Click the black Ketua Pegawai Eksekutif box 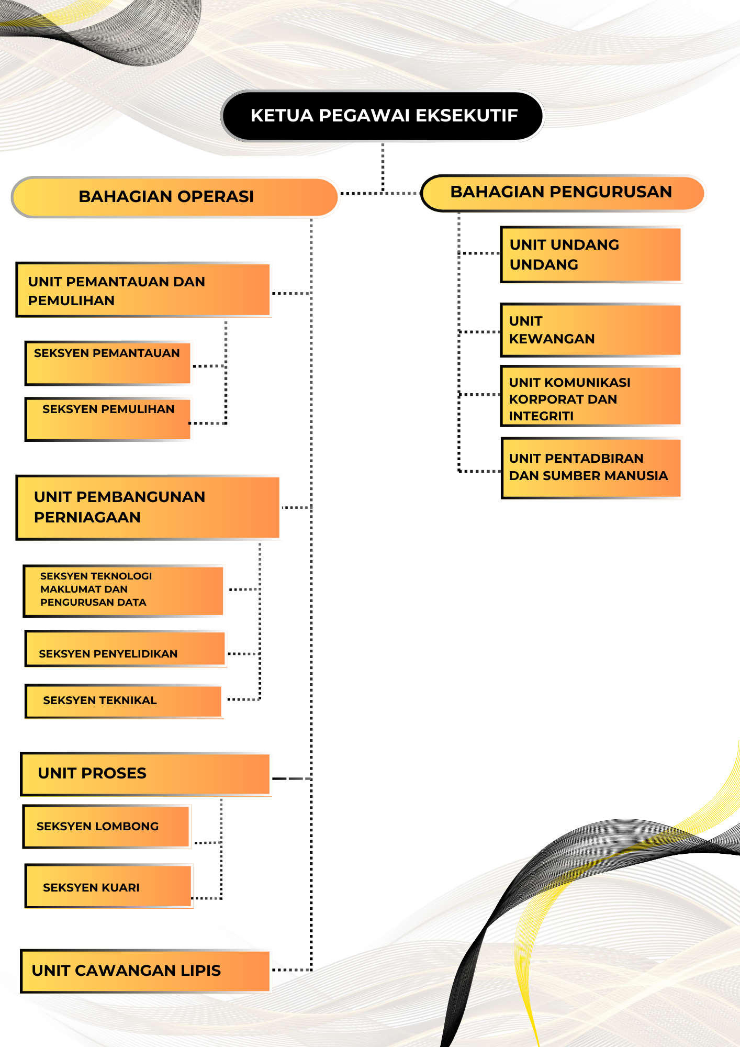pyautogui.click(x=383, y=116)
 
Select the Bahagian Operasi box pyautogui.click(x=175, y=197)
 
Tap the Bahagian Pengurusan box pyautogui.click(x=563, y=193)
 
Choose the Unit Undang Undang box pyautogui.click(x=591, y=254)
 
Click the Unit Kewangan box pyautogui.click(x=591, y=330)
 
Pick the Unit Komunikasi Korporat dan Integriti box pyautogui.click(x=591, y=396)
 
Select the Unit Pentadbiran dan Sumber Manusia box pyautogui.click(x=591, y=468)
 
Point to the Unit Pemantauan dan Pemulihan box pyautogui.click(x=143, y=290)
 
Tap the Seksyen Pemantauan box pyautogui.click(x=108, y=363)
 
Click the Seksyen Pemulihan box pyautogui.click(x=108, y=419)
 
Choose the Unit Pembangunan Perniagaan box pyautogui.click(x=148, y=507)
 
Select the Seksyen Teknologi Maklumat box pyautogui.click(x=124, y=590)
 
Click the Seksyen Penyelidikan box pyautogui.click(x=125, y=649)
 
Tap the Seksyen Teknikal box pyautogui.click(x=124, y=700)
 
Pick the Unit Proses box pyautogui.click(x=145, y=774)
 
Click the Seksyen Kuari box pyautogui.click(x=109, y=886)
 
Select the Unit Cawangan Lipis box pyautogui.click(x=145, y=971)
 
